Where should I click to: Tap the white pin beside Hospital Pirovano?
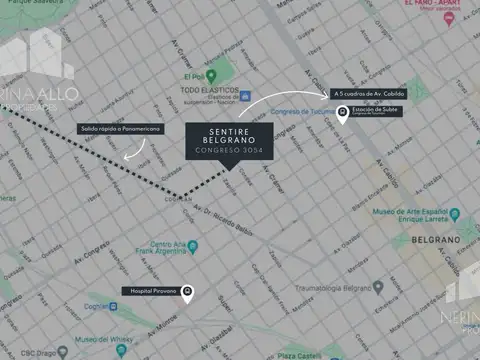coord(187,291)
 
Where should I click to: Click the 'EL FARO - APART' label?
coord(433,4)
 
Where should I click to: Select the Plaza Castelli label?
coord(300,355)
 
